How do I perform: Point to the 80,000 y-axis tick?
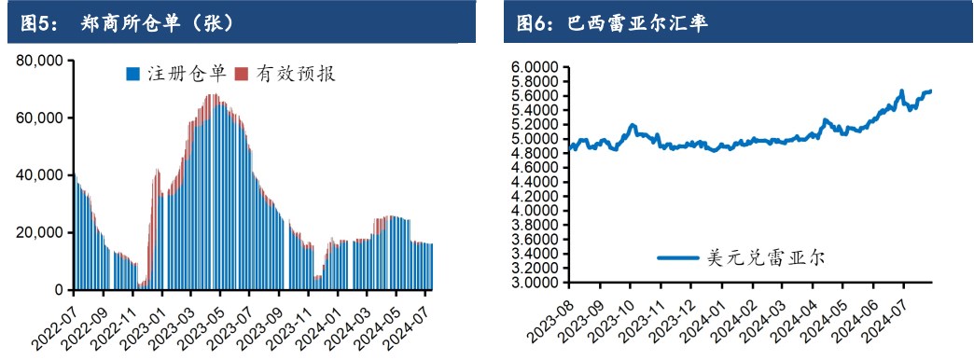point(36,61)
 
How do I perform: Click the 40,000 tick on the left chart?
point(36,175)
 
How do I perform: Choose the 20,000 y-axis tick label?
point(36,233)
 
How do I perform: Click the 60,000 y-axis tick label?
point(36,118)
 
